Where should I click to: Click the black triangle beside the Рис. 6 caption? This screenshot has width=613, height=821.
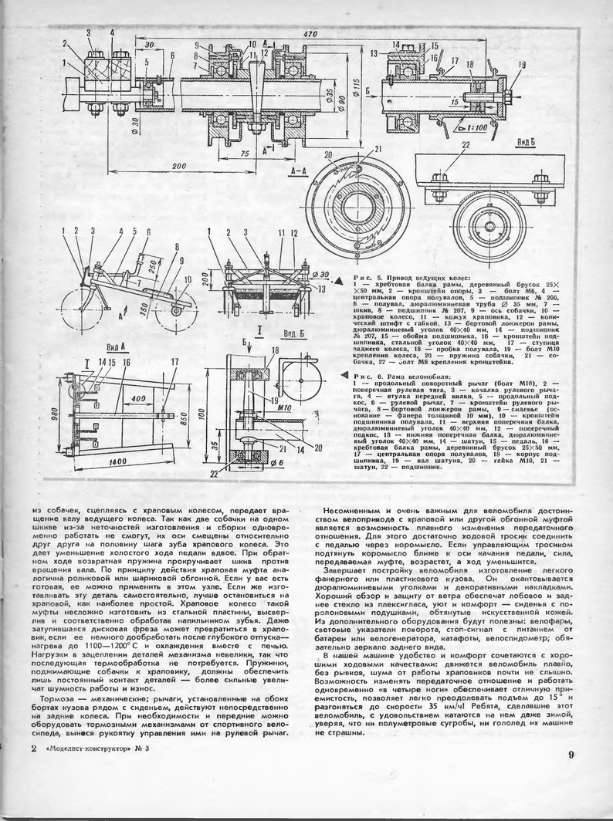point(346,374)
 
